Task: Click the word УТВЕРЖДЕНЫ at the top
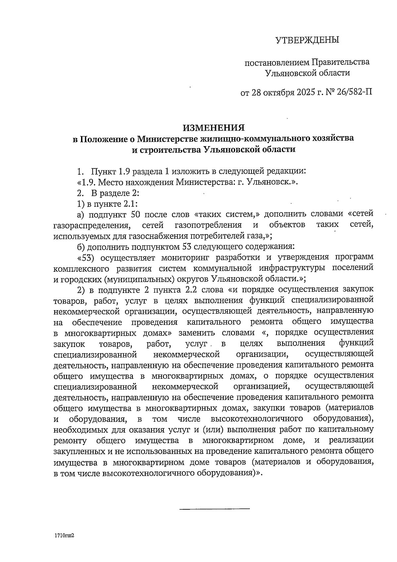click(x=307, y=40)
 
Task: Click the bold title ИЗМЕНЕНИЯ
click(x=214, y=128)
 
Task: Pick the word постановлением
click(x=277, y=62)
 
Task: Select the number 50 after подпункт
click(x=137, y=214)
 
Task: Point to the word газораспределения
click(x=91, y=226)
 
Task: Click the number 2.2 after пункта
click(x=192, y=289)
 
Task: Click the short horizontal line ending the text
click(x=214, y=508)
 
